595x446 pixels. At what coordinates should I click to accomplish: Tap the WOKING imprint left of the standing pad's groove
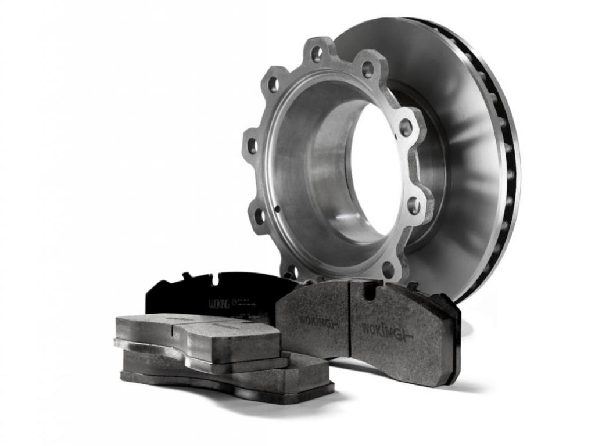[x=318, y=320]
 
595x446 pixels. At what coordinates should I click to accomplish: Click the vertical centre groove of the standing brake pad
[x=349, y=319]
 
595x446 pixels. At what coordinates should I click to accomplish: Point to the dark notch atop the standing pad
[x=370, y=290]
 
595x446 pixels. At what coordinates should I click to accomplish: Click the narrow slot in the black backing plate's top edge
[x=215, y=279]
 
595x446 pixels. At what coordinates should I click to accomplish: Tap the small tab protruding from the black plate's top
[x=187, y=275]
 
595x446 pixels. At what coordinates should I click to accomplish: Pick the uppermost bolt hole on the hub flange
[x=317, y=54]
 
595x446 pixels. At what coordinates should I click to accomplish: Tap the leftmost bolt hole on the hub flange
[x=252, y=146]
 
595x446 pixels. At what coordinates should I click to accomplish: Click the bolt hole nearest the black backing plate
[x=289, y=271]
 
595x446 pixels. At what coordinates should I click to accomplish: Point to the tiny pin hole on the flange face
[x=277, y=208]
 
